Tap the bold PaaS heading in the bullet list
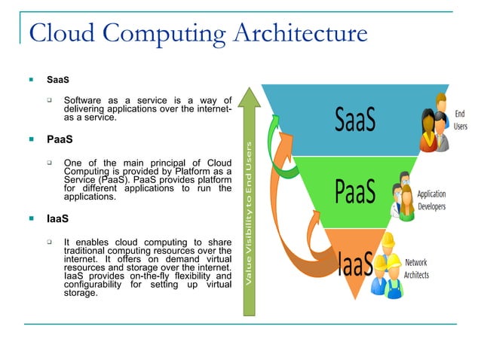(x=59, y=139)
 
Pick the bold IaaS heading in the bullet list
(x=58, y=219)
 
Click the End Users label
(x=460, y=121)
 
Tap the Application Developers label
(x=432, y=200)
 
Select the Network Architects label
(x=416, y=269)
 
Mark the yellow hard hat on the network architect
(x=389, y=239)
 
